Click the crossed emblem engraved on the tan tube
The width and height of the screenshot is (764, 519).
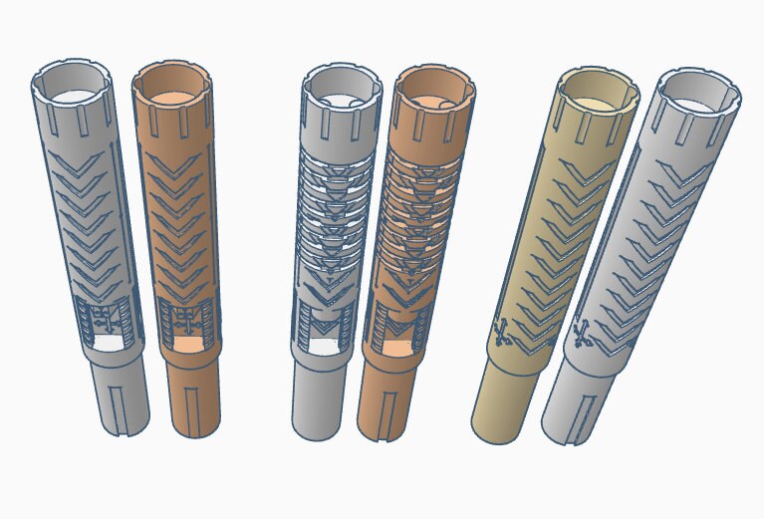pos(504,332)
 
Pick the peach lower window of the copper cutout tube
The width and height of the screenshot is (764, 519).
pos(396,350)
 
